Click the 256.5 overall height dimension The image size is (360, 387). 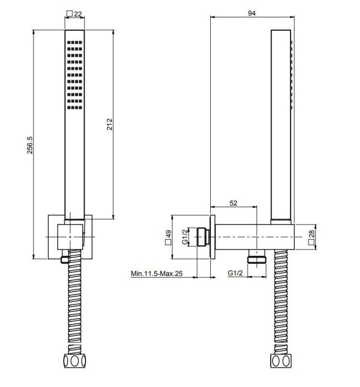point(30,145)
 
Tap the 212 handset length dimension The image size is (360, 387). point(110,124)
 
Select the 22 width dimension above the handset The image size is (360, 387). point(77,14)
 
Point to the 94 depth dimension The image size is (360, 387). point(252,13)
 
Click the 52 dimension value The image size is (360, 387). point(233,203)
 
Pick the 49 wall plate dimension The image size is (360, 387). point(168,234)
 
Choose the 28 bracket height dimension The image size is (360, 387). point(311,233)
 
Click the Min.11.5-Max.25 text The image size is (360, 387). point(156,274)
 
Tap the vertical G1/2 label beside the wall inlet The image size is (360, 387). point(185,237)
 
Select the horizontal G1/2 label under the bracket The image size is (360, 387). point(235,273)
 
